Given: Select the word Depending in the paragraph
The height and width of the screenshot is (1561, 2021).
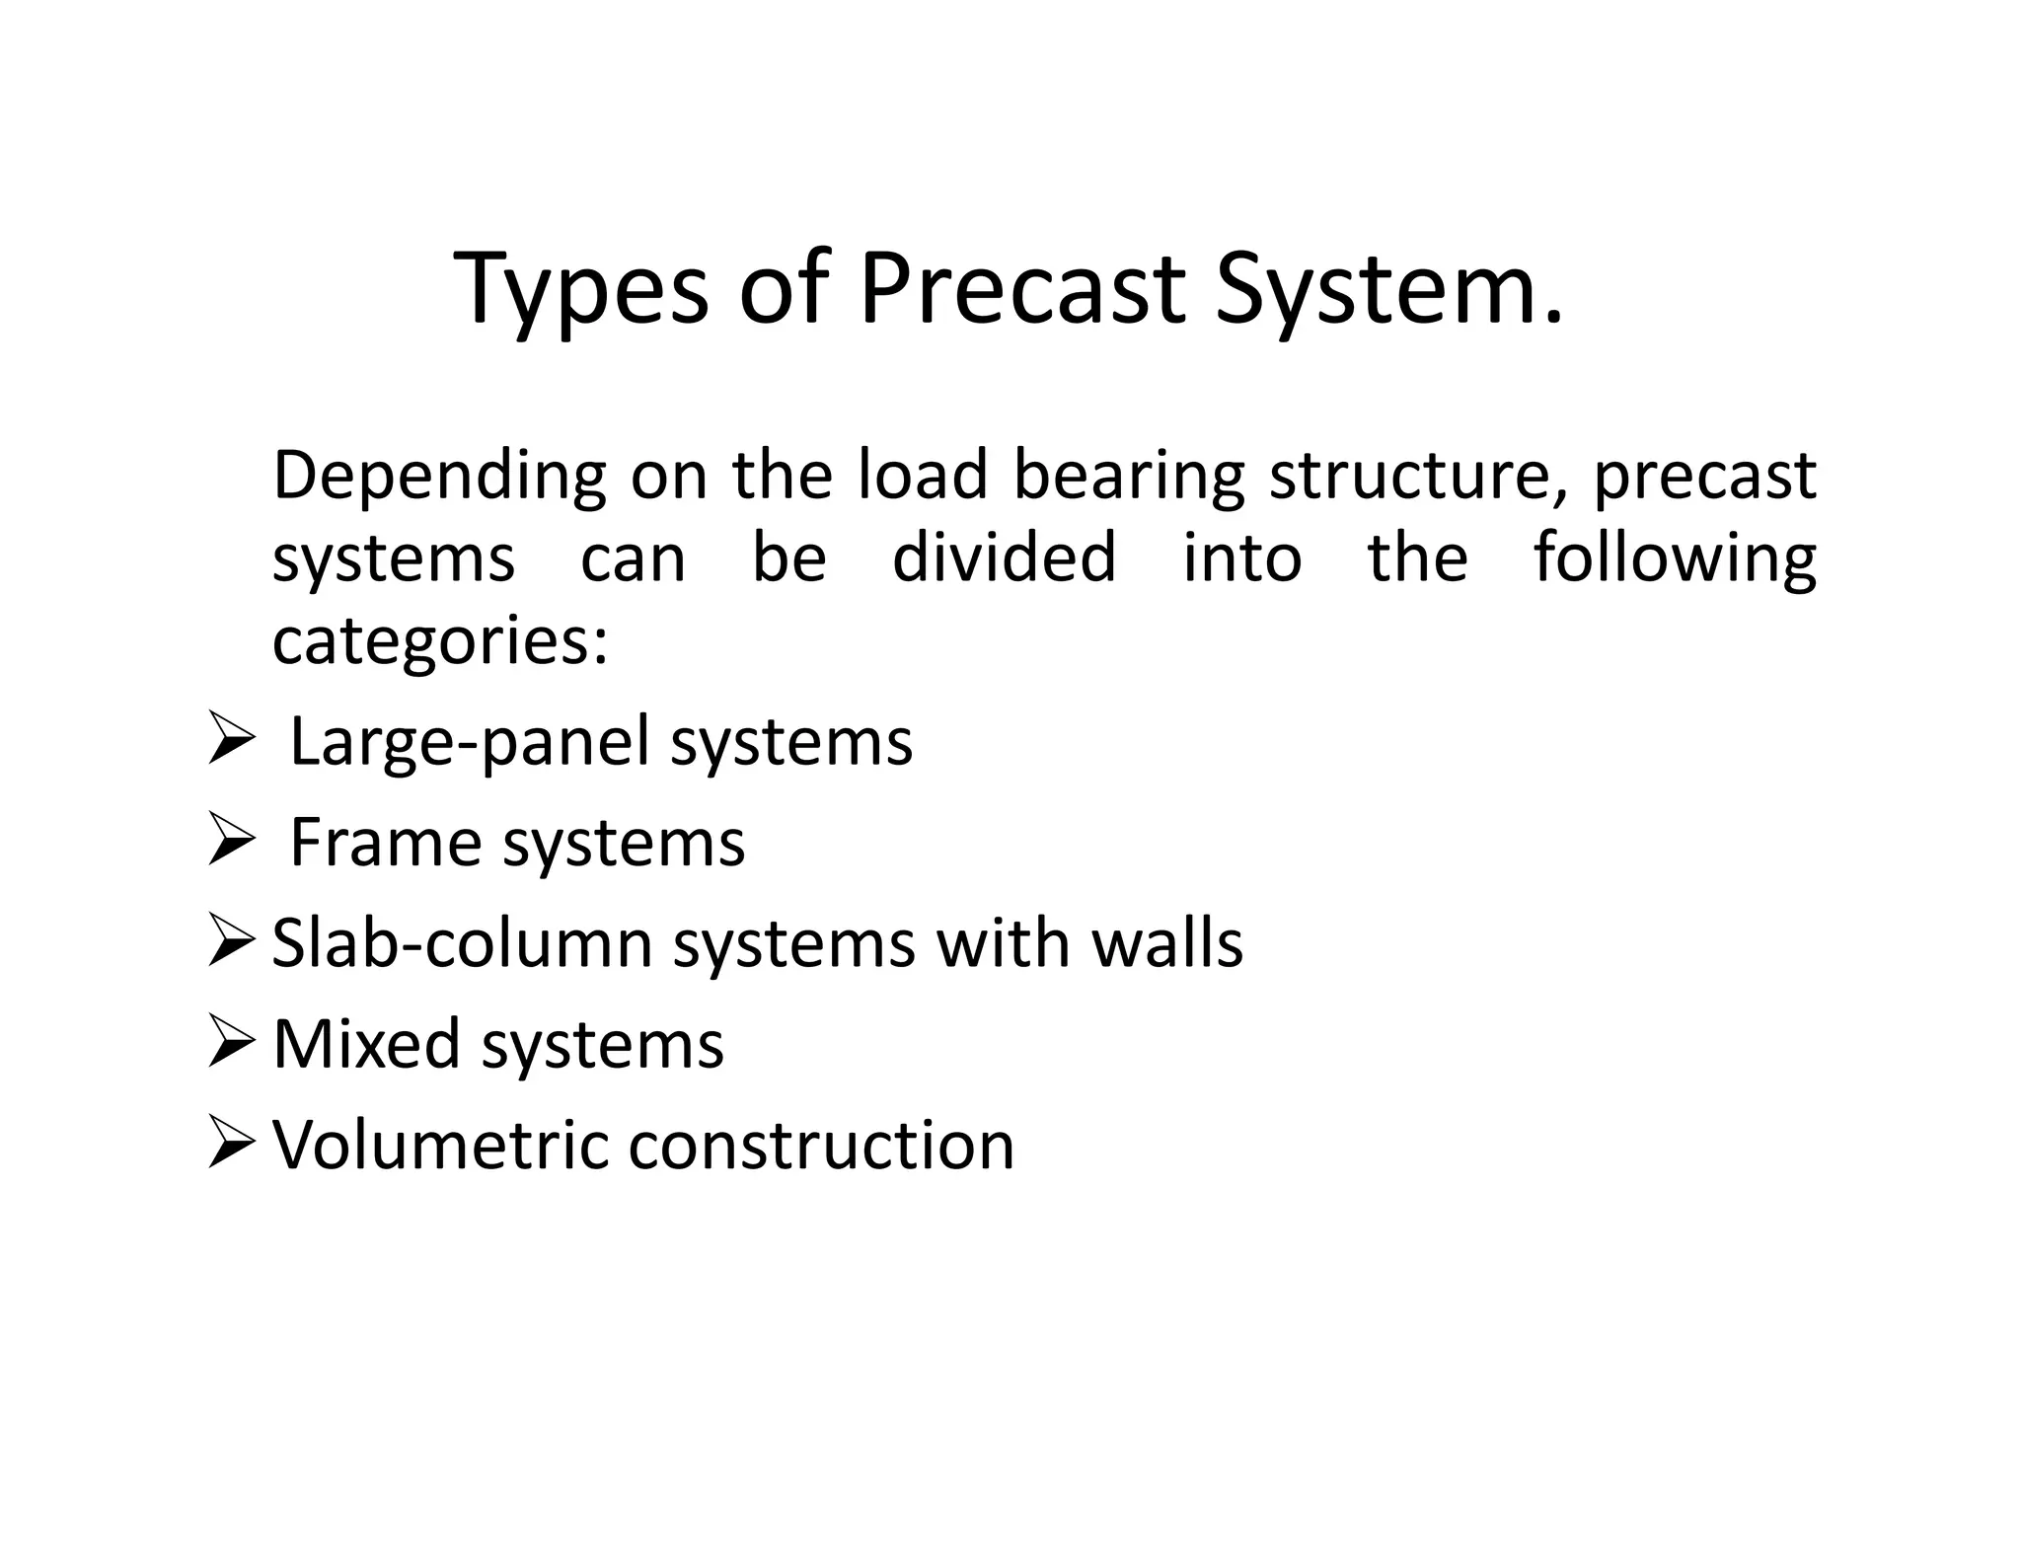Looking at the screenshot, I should click(438, 477).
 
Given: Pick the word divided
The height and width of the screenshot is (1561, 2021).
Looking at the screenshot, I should click(1004, 557).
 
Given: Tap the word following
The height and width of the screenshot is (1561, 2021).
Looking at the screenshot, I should click(1674, 559).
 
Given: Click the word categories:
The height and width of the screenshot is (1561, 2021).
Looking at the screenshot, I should click(439, 642).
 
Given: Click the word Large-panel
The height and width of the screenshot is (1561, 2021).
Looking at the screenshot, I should click(469, 743).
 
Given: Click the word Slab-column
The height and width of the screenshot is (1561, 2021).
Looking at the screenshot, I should click(462, 944).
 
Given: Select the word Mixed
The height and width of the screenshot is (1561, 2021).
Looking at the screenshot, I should click(366, 1045).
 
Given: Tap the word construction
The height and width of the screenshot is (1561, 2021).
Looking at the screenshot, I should click(821, 1146).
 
